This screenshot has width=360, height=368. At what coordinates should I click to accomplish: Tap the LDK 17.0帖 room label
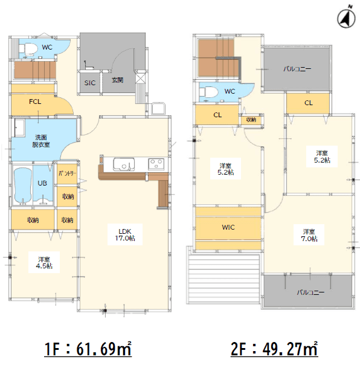125,234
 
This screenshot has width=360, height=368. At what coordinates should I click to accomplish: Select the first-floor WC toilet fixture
28,49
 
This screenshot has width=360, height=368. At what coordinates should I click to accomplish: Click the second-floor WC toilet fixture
208,91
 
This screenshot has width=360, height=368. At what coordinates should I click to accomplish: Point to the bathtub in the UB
23,184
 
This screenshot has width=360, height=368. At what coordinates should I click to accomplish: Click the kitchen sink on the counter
124,164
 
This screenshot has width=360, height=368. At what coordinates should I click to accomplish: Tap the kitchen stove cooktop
156,164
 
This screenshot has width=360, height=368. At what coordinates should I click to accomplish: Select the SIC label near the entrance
90,83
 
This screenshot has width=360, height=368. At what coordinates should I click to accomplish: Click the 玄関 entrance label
117,80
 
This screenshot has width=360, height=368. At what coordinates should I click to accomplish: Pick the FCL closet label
35,102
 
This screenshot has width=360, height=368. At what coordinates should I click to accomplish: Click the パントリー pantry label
67,173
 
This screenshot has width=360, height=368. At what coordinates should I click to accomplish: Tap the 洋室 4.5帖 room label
44,263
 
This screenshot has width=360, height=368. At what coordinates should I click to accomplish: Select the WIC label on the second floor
228,227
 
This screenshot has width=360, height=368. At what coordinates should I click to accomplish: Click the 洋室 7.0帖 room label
309,235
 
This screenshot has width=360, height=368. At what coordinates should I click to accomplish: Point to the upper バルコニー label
297,69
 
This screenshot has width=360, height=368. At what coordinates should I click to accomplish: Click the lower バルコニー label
310,292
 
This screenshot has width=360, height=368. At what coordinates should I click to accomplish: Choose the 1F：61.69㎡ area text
88,349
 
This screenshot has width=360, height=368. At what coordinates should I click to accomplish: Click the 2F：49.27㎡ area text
274,349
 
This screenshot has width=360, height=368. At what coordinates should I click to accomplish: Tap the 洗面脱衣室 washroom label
41,141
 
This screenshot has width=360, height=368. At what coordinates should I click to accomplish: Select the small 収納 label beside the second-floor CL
251,120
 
